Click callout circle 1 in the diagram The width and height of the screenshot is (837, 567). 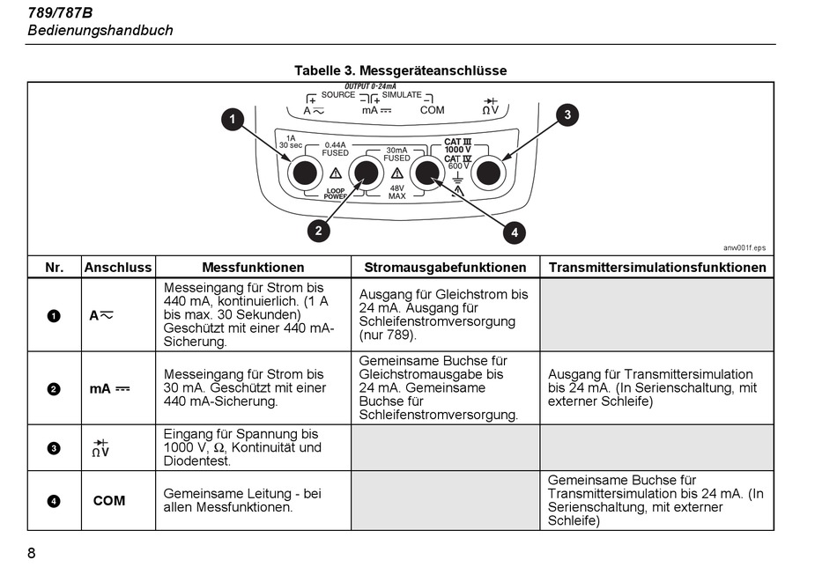pos(233,119)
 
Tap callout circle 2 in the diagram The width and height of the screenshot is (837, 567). pos(319,231)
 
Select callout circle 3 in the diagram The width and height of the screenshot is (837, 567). pos(567,114)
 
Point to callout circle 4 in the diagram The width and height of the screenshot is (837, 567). pos(515,232)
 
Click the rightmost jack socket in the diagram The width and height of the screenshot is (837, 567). pos(488,173)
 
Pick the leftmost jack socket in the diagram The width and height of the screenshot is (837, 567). pos(305,173)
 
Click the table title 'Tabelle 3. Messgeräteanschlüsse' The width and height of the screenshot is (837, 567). pos(400,70)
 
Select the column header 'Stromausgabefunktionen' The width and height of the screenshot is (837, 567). pos(445,268)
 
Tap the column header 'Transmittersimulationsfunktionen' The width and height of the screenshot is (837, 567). pos(657,268)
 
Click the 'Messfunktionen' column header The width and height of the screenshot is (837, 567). pos(253,268)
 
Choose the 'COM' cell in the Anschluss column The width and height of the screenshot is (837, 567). pos(109,501)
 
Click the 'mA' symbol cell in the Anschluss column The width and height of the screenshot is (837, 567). pos(109,389)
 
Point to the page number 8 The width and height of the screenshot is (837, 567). pos(31,553)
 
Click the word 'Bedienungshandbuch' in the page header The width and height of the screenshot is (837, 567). pos(100,31)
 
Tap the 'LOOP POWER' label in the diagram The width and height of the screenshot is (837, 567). pos(335,194)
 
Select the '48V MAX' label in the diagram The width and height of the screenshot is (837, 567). pos(397,192)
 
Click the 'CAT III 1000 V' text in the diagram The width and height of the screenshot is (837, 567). pos(458,145)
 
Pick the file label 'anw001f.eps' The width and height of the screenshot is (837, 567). pos(744,247)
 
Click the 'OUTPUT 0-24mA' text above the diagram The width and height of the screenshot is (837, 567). pos(370,86)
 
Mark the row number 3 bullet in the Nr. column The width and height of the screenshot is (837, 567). pos(54,448)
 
